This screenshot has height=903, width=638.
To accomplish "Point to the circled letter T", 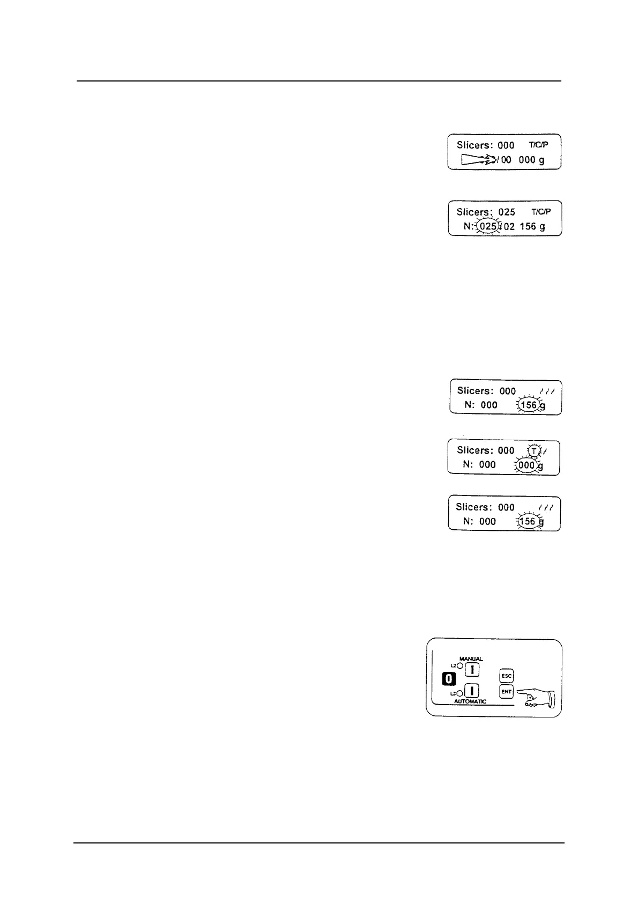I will [534, 450].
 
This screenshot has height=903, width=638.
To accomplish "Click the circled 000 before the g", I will [526, 465].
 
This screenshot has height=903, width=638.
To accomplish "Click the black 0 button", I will [449, 679].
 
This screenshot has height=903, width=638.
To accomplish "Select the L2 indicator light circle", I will [460, 665].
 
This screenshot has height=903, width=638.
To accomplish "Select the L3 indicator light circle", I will [460, 693].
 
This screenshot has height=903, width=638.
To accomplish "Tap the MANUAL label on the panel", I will [471, 659].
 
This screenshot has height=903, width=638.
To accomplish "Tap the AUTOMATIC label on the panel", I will [471, 701].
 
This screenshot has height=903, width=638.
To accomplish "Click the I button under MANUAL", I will [472, 670].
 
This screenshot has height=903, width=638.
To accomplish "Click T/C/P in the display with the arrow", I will [539, 145].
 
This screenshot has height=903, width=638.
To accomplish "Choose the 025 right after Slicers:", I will [507, 212].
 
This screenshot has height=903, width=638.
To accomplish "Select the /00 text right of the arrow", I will [504, 160].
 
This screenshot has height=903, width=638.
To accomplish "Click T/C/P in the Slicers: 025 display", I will [541, 212].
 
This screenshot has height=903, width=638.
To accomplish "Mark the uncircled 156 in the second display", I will [528, 226].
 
